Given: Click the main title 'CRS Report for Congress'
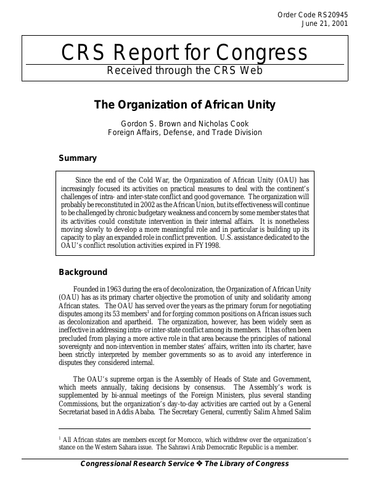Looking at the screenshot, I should [x=184, y=53].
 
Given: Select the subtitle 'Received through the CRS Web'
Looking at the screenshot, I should [x=184, y=70].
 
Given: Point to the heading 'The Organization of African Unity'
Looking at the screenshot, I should [x=184, y=104].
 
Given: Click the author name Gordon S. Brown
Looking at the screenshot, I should [x=157, y=123].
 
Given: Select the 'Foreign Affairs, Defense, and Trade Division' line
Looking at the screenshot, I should [x=184, y=132].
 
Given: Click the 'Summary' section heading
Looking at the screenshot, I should [x=78, y=158].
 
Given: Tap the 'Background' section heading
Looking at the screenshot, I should [x=83, y=272].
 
